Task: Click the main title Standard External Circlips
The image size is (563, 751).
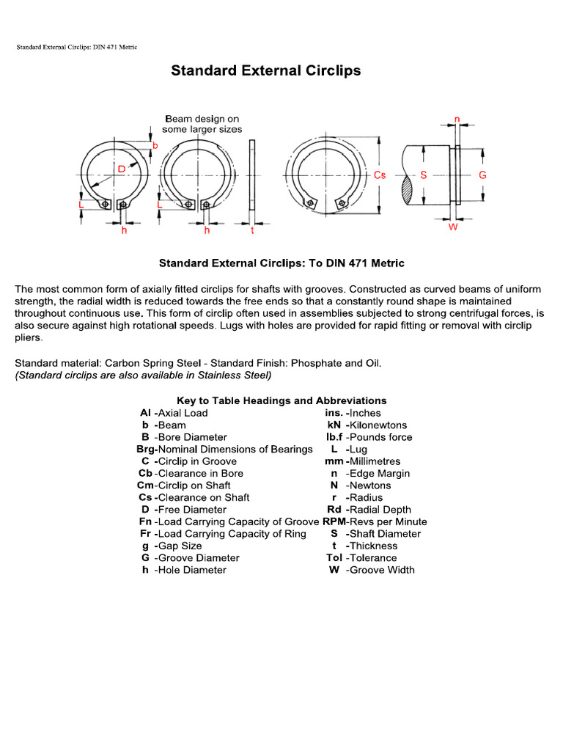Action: (266, 71)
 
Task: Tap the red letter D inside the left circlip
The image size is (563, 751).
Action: (122, 169)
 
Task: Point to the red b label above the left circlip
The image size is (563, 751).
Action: (155, 146)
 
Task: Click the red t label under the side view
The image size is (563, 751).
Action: (252, 230)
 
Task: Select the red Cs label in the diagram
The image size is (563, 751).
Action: (380, 175)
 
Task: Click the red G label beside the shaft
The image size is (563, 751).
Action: (482, 175)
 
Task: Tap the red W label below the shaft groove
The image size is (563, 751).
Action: (453, 228)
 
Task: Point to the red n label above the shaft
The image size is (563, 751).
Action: (457, 119)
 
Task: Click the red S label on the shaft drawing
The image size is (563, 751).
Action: (424, 175)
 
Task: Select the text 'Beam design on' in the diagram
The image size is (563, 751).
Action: (202, 118)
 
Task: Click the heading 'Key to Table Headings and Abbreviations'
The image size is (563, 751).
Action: (281, 400)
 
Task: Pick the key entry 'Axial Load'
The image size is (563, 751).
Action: (183, 413)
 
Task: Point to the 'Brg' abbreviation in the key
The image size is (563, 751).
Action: (146, 449)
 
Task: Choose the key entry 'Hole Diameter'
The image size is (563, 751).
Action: (192, 570)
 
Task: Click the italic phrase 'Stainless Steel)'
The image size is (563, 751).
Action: (235, 375)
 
